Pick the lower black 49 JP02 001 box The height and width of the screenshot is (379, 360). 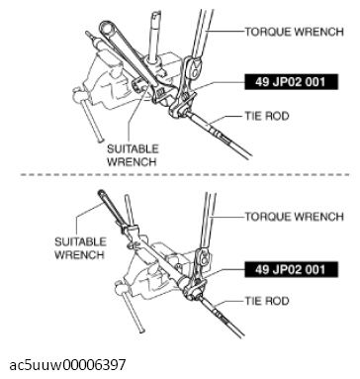tap(289, 267)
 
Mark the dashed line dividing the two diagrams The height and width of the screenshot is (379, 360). tap(178, 177)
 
